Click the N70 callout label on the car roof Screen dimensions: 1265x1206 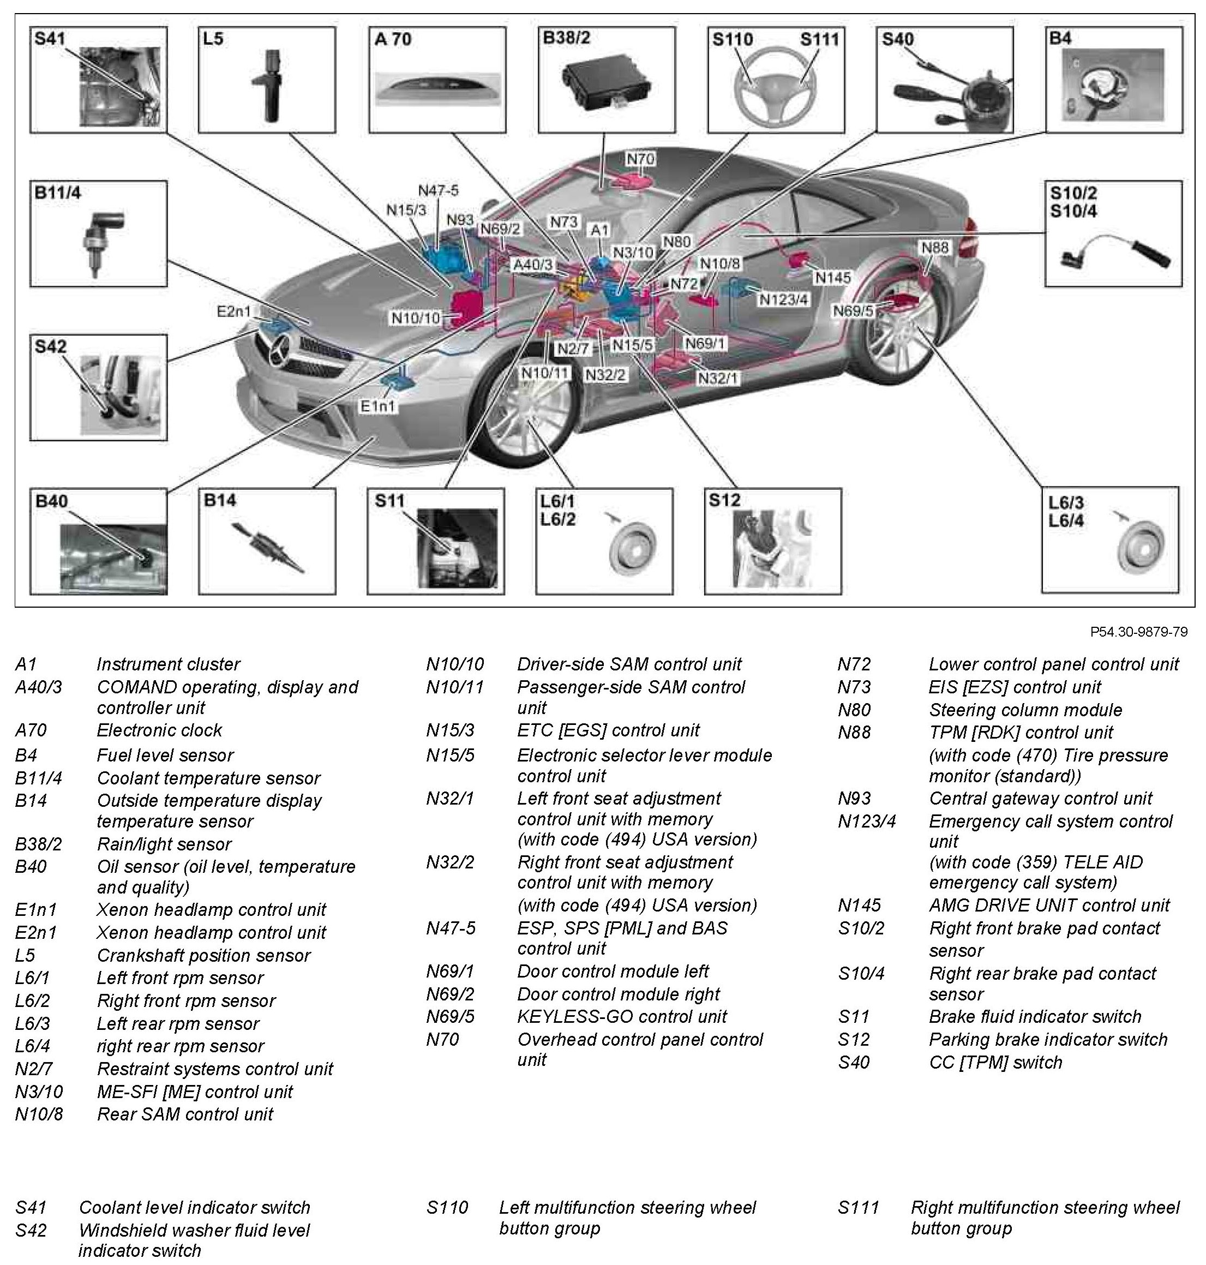(x=640, y=159)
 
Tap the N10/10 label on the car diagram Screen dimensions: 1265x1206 (x=416, y=317)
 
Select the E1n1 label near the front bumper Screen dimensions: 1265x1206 (x=378, y=406)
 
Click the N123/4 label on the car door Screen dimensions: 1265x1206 (x=784, y=299)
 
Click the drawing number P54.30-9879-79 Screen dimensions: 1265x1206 (x=1138, y=632)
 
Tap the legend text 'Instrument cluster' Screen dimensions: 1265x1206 (x=168, y=664)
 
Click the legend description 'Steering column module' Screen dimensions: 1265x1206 (x=1025, y=710)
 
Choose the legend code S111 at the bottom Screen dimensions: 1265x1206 (x=857, y=1207)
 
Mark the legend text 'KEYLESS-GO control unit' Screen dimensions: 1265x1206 (x=622, y=1016)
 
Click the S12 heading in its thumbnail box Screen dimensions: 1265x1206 (x=724, y=500)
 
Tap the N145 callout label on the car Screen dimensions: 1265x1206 (x=832, y=277)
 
